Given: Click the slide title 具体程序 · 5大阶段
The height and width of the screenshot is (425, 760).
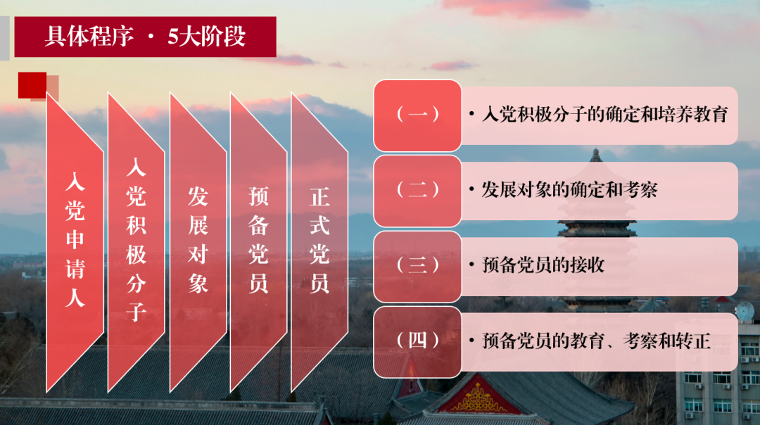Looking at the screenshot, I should pos(145,37).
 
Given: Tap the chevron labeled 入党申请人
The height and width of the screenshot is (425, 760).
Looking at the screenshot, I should pos(75,239).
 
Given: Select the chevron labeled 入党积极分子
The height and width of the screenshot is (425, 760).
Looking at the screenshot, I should pos(136,239).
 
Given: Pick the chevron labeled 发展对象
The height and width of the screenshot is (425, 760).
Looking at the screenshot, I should pos(198,239).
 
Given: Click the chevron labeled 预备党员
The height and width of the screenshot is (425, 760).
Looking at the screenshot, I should pos(258,239).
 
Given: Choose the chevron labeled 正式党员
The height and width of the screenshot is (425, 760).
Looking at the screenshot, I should pos(319,239).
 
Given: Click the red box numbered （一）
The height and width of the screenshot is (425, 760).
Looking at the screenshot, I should pos(417,115).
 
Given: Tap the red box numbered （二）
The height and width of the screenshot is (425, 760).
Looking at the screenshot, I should pos(417,190).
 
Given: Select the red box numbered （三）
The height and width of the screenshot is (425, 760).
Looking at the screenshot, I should pos(417,265).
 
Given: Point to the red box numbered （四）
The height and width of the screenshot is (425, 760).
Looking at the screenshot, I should pos(417,341).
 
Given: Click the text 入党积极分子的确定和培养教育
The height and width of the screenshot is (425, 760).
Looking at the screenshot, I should pos(604,115).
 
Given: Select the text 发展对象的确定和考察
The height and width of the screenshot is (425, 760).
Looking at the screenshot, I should pos(569,190).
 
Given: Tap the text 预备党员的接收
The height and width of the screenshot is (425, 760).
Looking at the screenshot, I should pos(543,265).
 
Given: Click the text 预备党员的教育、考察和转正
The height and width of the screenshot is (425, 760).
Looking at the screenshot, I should pos(596,342).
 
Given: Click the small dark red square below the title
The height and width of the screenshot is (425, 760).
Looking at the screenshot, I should pos(32,84).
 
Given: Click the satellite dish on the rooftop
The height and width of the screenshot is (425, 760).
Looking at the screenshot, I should pos(744,310).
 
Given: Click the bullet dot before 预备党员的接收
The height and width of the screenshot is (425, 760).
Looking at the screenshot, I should pos(471,266).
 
